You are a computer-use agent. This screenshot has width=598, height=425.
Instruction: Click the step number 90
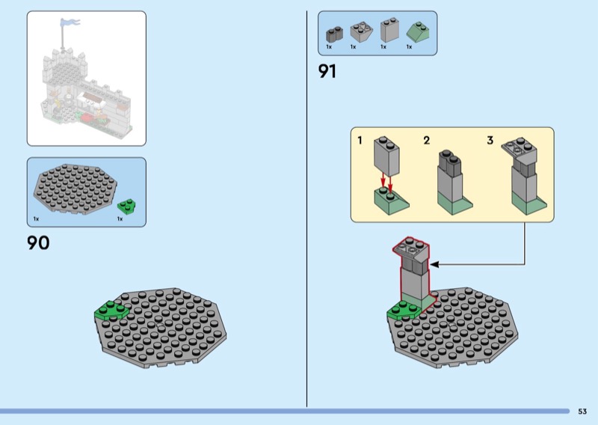pos(38,242)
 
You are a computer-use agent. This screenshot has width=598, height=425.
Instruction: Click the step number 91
pos(327,71)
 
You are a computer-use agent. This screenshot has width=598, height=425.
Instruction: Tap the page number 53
pos(582,411)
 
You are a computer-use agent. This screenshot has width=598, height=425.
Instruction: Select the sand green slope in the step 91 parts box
pos(416,32)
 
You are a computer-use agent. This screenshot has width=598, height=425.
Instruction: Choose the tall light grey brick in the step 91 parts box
pos(389,30)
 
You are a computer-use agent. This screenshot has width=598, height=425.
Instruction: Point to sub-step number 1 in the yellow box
pos(360,140)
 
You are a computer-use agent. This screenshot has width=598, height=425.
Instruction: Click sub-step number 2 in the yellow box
pos(427,140)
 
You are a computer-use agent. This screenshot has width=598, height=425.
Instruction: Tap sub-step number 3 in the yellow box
pos(490,140)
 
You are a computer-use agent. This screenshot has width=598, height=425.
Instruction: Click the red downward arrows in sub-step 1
pos(386,182)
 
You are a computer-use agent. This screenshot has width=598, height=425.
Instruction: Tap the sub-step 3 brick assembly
pos(525,177)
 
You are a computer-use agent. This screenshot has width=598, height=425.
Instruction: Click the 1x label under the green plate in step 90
pos(120,219)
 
